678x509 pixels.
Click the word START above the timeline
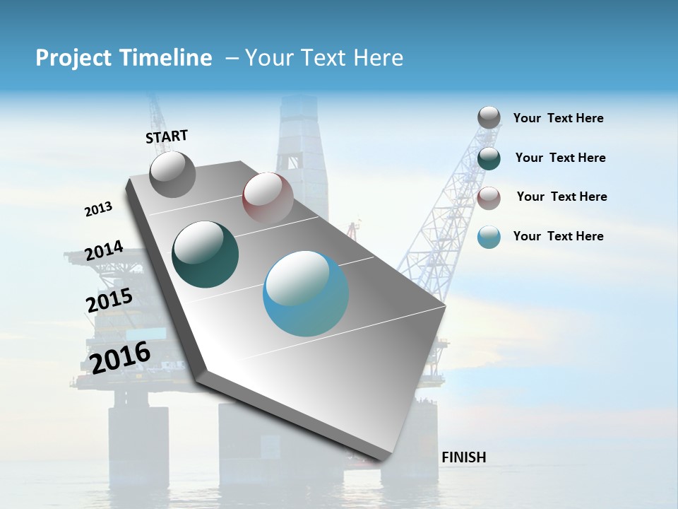pos(167,136)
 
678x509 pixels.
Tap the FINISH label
pos(463,457)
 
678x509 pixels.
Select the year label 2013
pos(98,209)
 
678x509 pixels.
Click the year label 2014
pos(104,251)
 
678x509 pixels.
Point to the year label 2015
pos(109,300)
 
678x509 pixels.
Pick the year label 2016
pos(120,358)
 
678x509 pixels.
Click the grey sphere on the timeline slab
pos(172,175)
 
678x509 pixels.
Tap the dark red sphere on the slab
pos(268,197)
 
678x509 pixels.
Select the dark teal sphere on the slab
pos(205,255)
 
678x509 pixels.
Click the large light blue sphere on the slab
pos(306,293)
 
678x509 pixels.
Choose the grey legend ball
pos(489,117)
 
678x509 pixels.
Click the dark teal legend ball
pos(489,158)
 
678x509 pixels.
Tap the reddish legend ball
pos(489,198)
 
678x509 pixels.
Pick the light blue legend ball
pos(489,237)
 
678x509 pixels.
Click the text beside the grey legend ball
pos(558,119)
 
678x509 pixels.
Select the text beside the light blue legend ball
pos(558,236)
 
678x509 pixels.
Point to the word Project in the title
pos(73,58)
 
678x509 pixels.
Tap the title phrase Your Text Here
pos(324,58)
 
